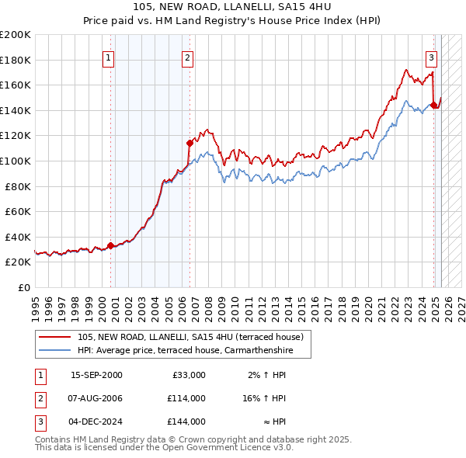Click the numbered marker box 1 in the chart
point(108,57)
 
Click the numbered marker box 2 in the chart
point(188,57)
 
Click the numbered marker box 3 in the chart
point(431,57)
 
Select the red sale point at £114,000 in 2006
point(190,143)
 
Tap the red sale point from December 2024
point(433,106)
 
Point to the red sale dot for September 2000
point(110,245)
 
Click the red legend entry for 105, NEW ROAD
point(194,337)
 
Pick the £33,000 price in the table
point(188,375)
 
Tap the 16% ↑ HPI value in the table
point(263,398)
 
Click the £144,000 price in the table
point(186,422)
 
